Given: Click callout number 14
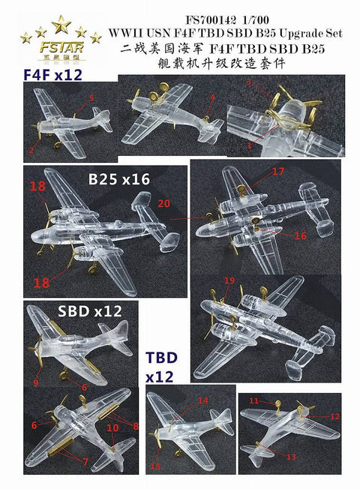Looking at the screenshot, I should pyautogui.click(x=202, y=401).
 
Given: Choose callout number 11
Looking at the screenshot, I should pyautogui.click(x=253, y=402).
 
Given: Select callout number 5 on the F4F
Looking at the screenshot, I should pyautogui.click(x=91, y=97).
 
